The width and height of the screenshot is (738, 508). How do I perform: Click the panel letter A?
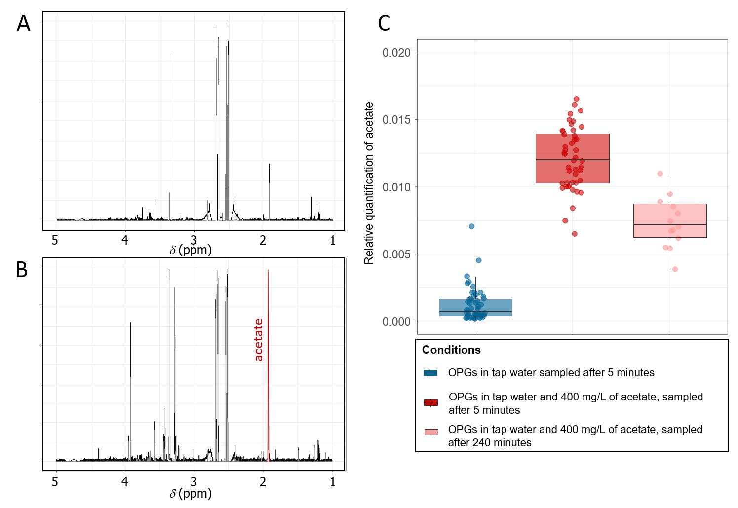23,24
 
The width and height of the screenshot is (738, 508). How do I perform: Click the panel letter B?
22,270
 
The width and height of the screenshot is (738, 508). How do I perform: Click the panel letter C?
384,24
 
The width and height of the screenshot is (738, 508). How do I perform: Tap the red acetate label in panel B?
259,340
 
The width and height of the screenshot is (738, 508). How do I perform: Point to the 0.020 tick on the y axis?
396,53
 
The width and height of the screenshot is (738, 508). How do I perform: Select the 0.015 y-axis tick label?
396,120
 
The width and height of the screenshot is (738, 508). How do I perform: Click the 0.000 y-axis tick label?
396,321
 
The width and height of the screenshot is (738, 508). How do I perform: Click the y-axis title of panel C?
369,183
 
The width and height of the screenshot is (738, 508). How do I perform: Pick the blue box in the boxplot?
475,307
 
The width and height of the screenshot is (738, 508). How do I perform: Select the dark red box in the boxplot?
572,158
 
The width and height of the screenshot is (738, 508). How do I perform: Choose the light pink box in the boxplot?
670,220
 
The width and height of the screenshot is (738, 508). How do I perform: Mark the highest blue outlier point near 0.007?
471,226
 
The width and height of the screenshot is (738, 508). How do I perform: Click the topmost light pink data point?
660,174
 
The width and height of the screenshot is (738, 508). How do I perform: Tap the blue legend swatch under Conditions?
430,373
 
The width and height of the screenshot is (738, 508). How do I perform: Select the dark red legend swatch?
430,403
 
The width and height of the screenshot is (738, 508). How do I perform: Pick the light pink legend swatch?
430,432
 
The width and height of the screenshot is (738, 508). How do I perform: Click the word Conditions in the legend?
451,350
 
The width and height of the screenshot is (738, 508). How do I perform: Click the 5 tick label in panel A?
55,240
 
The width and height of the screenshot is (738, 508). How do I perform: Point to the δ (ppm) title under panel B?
191,493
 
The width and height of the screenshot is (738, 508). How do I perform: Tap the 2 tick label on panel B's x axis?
263,481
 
